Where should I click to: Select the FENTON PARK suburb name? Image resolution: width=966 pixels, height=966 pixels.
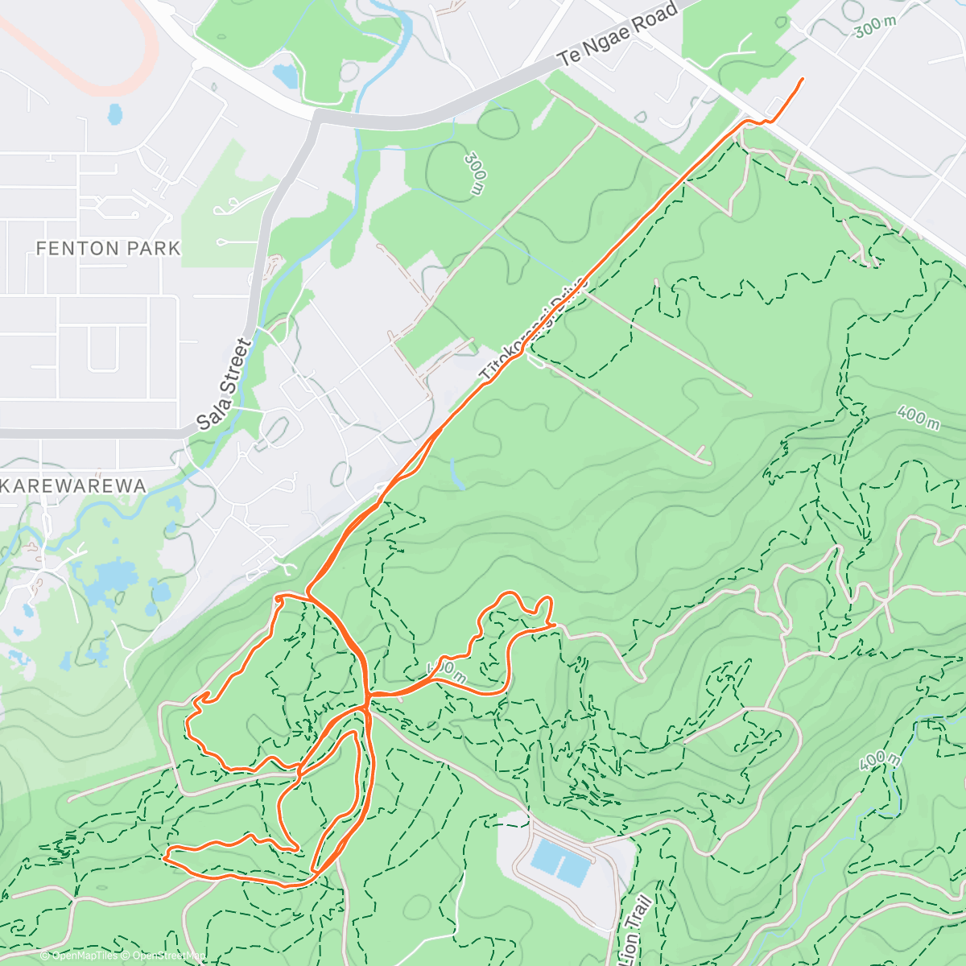(109, 249)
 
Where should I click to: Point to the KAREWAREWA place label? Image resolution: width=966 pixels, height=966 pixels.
(73, 486)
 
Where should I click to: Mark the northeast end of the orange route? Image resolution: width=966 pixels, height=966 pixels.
(803, 79)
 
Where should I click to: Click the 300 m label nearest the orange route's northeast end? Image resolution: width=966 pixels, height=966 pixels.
(874, 27)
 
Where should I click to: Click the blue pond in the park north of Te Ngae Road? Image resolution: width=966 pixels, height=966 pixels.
(284, 76)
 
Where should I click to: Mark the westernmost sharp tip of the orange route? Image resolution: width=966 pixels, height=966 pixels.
(164, 858)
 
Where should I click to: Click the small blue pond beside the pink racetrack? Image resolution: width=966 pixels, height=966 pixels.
(115, 114)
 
